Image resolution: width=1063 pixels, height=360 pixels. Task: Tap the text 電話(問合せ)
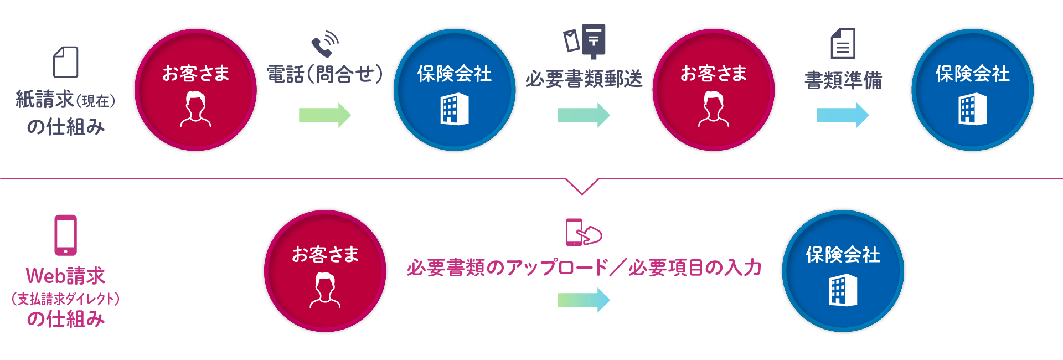[x=325, y=74]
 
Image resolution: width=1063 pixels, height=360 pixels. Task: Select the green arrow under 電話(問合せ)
[x=325, y=115]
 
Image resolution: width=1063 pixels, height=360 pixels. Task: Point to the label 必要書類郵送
[x=584, y=79]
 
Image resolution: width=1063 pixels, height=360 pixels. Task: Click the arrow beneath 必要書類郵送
[x=584, y=115]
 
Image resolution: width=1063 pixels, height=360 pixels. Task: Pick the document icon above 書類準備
[x=843, y=44]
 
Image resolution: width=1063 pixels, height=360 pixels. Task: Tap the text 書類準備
[x=843, y=80]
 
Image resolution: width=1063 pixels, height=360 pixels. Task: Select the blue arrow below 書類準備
[x=843, y=115]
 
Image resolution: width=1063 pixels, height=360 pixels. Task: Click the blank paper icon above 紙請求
[x=65, y=62]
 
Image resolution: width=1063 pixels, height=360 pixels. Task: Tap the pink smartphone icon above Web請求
[x=65, y=235]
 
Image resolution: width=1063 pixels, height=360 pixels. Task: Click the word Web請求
[x=65, y=276]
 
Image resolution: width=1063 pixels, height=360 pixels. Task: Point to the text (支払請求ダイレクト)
[x=65, y=299]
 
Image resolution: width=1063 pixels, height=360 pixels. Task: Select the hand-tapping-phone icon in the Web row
[x=584, y=232]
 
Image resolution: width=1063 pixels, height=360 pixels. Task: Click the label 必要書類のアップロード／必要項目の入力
[x=584, y=268]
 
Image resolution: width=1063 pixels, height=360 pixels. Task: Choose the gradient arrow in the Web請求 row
[x=584, y=300]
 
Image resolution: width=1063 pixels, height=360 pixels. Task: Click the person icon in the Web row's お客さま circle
[x=325, y=291]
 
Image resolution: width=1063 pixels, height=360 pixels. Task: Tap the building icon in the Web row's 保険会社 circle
[x=843, y=291]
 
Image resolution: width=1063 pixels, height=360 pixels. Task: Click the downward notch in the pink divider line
[x=582, y=187]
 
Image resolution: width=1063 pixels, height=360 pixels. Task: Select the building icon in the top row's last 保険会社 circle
[x=972, y=109]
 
